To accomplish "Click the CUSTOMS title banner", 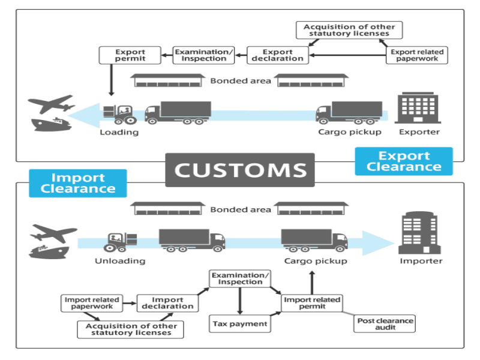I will pos(240,170).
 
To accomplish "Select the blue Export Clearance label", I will pos(403,161).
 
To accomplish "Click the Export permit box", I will pos(130,56).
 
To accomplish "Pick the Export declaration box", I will pos(278,55).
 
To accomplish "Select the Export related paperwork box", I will pos(417,56).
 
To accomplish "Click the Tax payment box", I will pos(239,324).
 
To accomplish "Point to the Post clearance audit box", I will pos(385,324).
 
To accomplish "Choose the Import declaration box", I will pos(167,303).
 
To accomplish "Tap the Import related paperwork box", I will pos(92,303).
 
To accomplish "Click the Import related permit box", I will pos(311,303).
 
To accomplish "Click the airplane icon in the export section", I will pos(52,104).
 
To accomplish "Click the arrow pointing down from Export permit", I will pos(110,79).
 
